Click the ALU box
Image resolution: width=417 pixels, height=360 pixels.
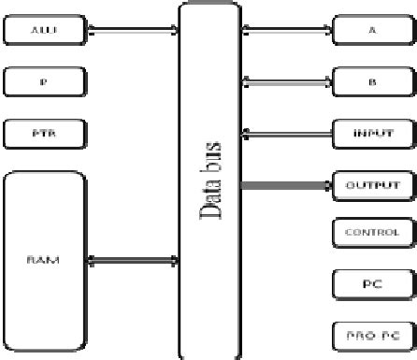point(44,30)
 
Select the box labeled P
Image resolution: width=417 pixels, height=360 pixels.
point(44,81)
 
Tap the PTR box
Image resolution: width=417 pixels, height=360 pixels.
point(44,133)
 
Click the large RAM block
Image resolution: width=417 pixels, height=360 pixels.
point(44,259)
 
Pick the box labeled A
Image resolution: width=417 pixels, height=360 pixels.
point(373,30)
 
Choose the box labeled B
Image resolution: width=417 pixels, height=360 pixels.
point(373,81)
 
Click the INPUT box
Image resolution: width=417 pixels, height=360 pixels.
point(373,133)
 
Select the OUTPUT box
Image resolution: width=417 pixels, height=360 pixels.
point(373,184)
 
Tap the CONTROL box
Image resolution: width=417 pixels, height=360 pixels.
point(373,232)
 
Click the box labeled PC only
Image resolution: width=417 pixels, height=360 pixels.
point(373,281)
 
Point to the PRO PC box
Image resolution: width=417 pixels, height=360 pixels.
point(373,333)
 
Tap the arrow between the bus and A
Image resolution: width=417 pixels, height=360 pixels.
point(286,30)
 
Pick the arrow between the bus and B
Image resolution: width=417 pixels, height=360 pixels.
point(286,81)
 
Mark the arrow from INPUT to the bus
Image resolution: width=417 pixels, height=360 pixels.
point(286,133)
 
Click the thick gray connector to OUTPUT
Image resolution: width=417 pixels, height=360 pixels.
point(286,185)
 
